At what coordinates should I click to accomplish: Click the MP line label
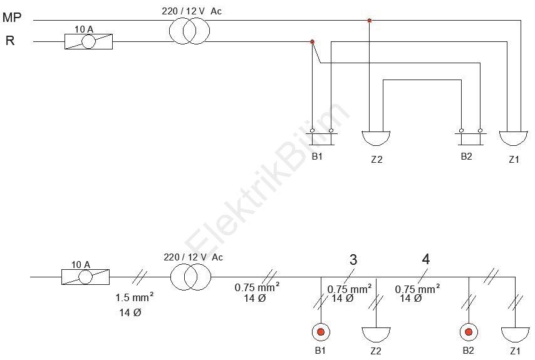[12, 17]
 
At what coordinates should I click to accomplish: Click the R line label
[10, 41]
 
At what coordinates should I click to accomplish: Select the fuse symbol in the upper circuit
[89, 41]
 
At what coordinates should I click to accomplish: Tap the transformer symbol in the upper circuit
[190, 31]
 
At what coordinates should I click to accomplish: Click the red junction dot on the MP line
[369, 21]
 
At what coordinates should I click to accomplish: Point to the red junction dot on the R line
[312, 41]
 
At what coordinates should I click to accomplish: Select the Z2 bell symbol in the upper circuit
[376, 138]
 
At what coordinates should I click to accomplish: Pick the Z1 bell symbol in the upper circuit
[514, 138]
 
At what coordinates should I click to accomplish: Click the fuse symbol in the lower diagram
[86, 277]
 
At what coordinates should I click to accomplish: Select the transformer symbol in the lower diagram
[190, 277]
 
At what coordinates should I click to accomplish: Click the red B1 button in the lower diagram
[321, 332]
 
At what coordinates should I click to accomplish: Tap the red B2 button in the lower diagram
[469, 332]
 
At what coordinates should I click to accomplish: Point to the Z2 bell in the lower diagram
[376, 335]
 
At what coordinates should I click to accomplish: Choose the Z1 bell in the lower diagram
[515, 335]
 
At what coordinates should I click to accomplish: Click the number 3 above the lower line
[353, 260]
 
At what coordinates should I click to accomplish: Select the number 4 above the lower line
[426, 259]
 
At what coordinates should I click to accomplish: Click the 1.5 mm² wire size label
[135, 297]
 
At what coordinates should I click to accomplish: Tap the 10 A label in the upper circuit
[84, 29]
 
